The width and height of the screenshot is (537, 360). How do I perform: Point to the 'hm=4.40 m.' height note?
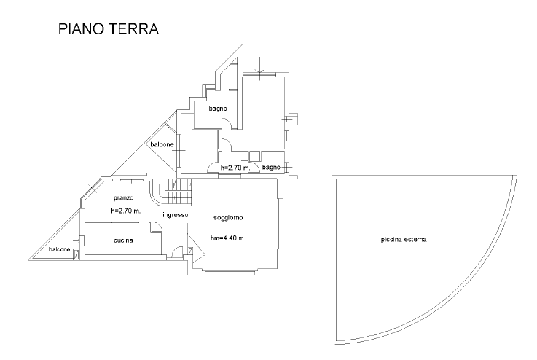[227, 238]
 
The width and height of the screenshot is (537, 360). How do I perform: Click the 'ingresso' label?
[176, 215]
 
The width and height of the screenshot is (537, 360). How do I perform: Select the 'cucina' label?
[122, 240]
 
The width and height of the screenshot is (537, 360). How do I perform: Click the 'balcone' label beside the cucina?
[60, 250]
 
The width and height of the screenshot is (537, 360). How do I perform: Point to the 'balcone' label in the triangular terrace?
[162, 144]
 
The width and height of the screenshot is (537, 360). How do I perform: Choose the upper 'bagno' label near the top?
[217, 109]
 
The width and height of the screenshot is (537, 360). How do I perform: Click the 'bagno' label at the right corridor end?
[271, 167]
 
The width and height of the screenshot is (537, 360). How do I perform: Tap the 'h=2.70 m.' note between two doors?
[235, 168]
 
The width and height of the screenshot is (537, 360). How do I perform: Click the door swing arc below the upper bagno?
[227, 144]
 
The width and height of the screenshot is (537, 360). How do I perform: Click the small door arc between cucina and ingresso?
[155, 227]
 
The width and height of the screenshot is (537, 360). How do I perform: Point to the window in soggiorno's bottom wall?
[230, 273]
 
